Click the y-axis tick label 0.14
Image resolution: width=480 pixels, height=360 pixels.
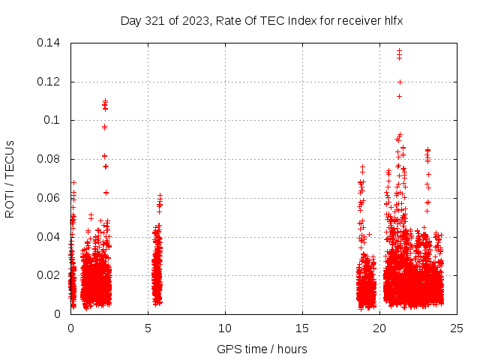point(49,43)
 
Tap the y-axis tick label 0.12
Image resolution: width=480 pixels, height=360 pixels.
point(49,82)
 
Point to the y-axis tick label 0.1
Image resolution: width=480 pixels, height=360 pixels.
point(52,120)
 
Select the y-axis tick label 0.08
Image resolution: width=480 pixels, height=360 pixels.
point(49,159)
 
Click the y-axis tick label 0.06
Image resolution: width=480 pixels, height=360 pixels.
point(49,198)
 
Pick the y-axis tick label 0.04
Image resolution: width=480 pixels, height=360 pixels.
point(49,237)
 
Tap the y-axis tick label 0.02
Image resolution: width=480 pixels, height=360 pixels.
point(49,275)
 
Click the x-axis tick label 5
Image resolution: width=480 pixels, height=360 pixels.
point(148,328)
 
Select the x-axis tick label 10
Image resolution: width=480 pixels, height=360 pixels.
point(225,328)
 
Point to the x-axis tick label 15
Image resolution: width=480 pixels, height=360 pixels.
point(302,328)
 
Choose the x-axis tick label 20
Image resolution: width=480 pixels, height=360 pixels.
point(379,328)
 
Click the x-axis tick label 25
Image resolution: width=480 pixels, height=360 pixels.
point(457,328)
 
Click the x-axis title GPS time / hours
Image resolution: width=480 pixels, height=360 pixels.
point(262,349)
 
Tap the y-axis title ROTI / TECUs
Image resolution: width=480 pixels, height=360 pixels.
point(10,178)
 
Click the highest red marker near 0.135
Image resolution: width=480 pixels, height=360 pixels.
point(399,51)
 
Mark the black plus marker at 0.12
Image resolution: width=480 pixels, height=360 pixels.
point(400,82)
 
